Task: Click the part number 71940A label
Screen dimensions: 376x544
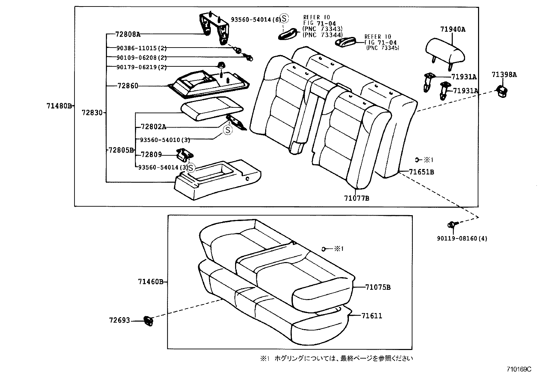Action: [452, 29]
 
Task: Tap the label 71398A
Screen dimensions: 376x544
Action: [504, 75]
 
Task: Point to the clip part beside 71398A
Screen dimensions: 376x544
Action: [502, 90]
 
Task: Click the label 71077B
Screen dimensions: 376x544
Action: [356, 198]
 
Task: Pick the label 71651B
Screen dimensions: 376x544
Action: [421, 172]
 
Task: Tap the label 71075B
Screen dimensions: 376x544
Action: [378, 287]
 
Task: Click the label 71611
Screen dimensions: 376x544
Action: [372, 316]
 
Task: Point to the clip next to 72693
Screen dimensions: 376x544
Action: [148, 321]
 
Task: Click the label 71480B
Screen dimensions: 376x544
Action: [59, 106]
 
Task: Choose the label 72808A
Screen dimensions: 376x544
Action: [127, 34]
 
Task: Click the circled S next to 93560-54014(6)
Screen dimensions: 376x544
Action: [285, 18]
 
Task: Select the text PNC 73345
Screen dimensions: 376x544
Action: [382, 48]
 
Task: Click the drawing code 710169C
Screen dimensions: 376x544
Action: [519, 369]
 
